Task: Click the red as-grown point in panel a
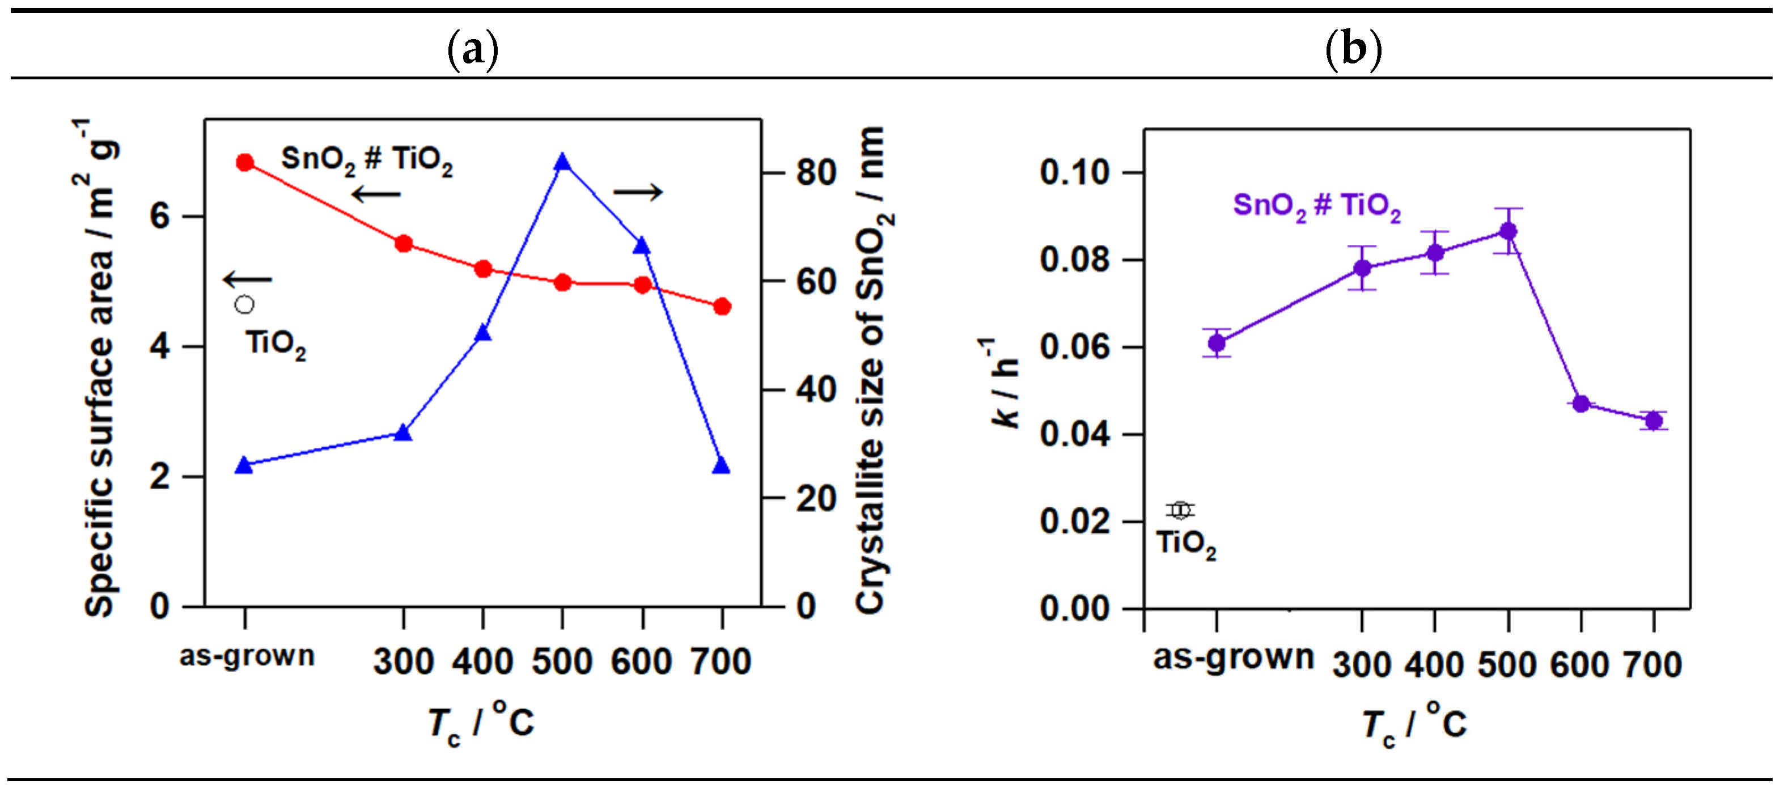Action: coord(244,163)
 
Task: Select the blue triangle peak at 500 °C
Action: coord(562,162)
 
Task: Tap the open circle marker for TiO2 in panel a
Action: coord(244,305)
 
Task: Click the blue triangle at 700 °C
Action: coord(721,465)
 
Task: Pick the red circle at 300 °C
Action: coord(404,244)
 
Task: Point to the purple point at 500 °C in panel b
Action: coord(1508,231)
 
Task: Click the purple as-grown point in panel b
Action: coord(1217,343)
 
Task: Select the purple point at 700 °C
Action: coord(1654,421)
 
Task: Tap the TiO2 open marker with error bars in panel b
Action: coord(1180,511)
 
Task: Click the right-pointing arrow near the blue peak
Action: coord(638,192)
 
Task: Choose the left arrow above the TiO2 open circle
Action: coord(247,279)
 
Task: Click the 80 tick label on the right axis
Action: coord(816,172)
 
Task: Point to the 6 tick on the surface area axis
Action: coord(160,217)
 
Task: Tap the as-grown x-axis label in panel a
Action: coord(247,656)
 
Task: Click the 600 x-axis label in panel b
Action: coord(1580,665)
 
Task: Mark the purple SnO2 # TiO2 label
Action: coord(1316,206)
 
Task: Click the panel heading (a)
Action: coord(472,50)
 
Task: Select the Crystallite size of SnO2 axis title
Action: coord(872,371)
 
